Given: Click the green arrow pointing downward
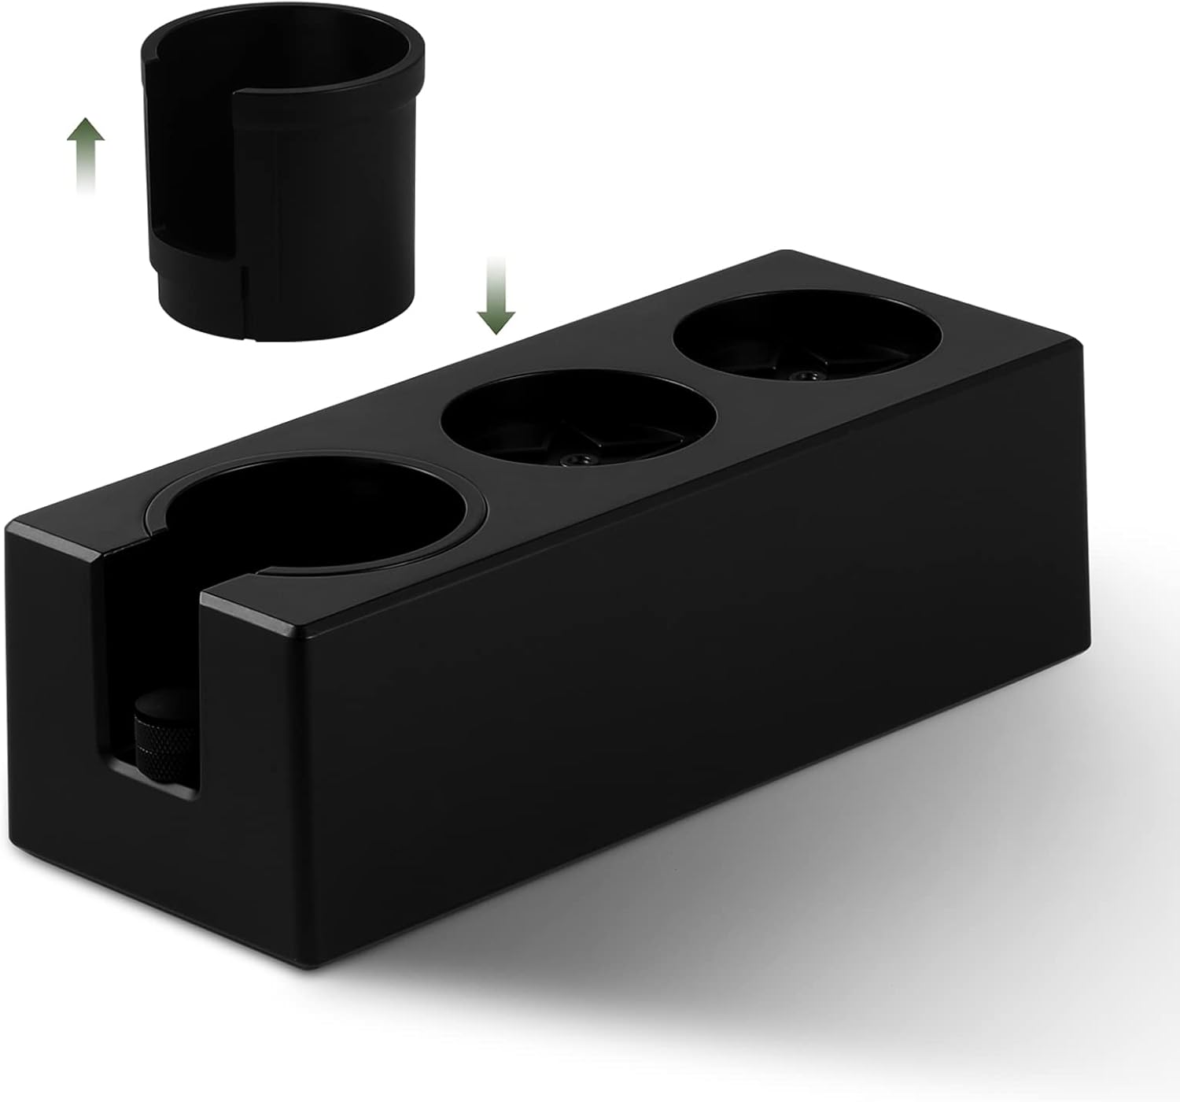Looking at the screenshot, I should click(x=496, y=295).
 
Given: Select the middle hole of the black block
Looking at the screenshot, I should click(x=578, y=417).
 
